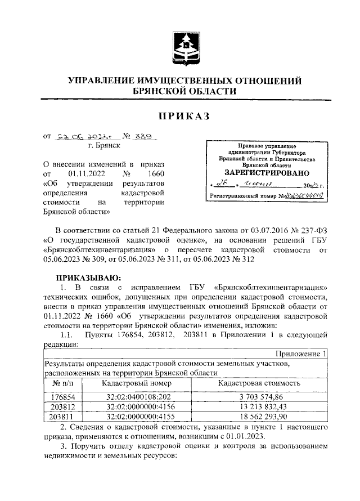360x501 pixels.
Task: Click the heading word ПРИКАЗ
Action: [184, 116]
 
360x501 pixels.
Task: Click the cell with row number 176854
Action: [63, 396]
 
